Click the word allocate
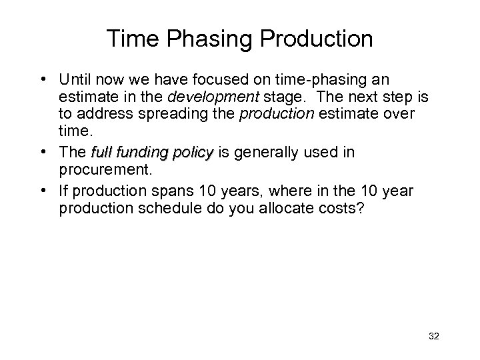[x=293, y=209]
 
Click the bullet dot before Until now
[x=41, y=79]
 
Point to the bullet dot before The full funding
[x=41, y=153]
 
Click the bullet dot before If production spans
[x=41, y=190]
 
